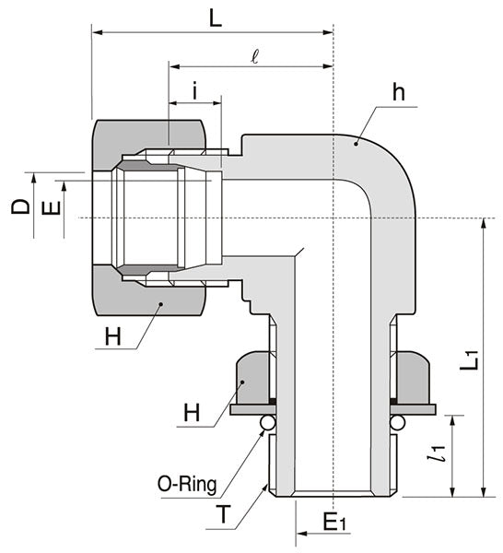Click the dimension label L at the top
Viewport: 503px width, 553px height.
point(215,18)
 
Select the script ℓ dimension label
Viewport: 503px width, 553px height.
point(255,54)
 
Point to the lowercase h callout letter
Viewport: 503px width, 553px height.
point(398,93)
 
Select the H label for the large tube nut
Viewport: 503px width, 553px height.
point(112,337)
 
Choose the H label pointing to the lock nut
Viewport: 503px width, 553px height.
point(191,414)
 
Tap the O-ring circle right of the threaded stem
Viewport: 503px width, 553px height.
point(398,422)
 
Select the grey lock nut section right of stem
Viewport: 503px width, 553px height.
point(413,378)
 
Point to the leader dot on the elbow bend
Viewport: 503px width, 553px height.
point(357,140)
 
